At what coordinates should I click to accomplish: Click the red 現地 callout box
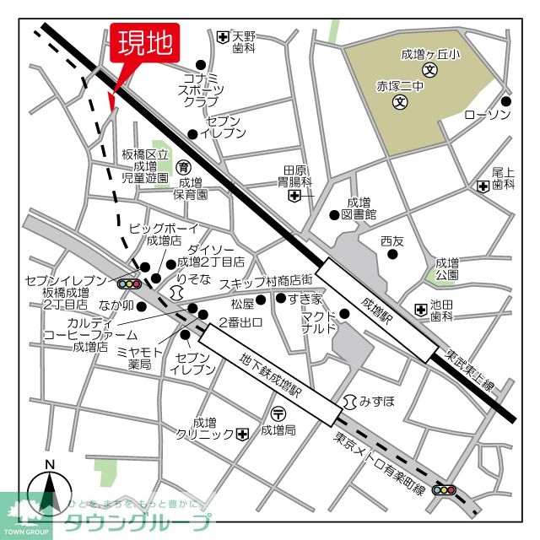tap(145, 44)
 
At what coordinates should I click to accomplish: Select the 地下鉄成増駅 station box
tap(270, 374)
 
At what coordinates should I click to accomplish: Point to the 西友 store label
tap(392, 241)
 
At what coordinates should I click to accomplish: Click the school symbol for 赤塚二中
tap(400, 103)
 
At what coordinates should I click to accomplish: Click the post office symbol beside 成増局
tap(278, 413)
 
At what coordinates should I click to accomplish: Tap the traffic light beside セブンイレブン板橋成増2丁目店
tap(128, 284)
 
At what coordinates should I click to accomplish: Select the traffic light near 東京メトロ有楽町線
tap(444, 489)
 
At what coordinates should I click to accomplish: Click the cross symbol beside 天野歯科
tap(222, 37)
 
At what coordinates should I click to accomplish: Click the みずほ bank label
tap(376, 401)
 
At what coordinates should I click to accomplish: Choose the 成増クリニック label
tap(203, 428)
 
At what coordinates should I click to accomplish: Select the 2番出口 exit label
tap(240, 321)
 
